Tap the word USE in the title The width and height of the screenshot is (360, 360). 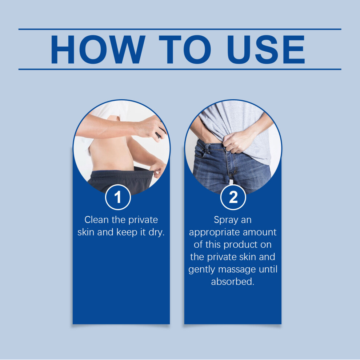pyautogui.click(x=266, y=49)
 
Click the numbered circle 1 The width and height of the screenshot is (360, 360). pyautogui.click(x=118, y=197)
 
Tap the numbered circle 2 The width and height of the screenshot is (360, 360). pyautogui.click(x=233, y=197)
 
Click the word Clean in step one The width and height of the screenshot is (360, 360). pyautogui.click(x=96, y=220)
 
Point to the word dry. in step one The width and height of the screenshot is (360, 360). pyautogui.click(x=157, y=232)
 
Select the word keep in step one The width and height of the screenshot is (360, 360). pyautogui.click(x=127, y=232)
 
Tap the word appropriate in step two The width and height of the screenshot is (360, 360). pyautogui.click(x=214, y=233)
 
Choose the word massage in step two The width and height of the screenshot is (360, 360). pyautogui.click(x=237, y=269)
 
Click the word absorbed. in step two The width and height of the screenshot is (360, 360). pyautogui.click(x=233, y=282)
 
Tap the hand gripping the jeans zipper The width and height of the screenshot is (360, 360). pyautogui.click(x=237, y=141)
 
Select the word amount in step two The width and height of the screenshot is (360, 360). pyautogui.click(x=260, y=232)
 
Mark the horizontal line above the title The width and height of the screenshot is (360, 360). pyautogui.click(x=180, y=29)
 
